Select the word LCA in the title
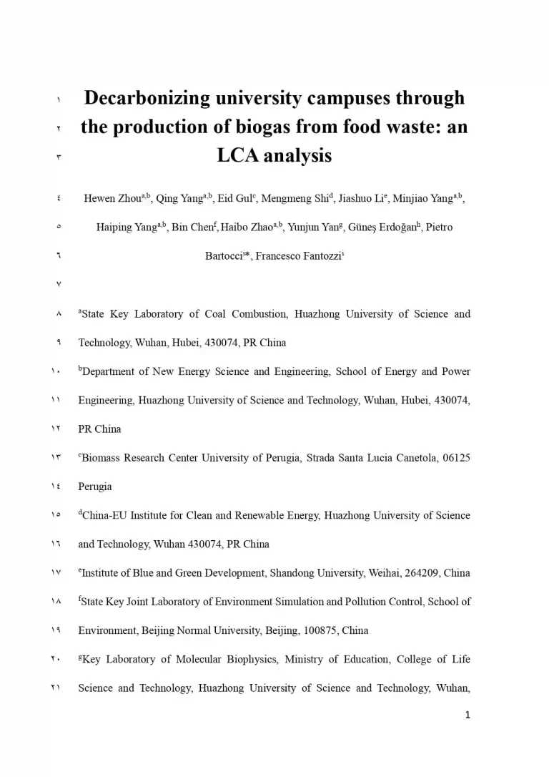[x=237, y=155]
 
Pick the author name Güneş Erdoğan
[x=387, y=228]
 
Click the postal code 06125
[x=455, y=458]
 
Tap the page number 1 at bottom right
[x=467, y=715]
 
